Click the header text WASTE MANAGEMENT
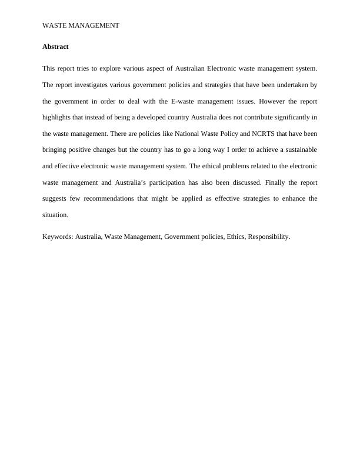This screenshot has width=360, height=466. (81, 25)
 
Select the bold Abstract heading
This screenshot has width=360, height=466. (55, 46)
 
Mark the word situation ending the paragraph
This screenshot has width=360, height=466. (55, 215)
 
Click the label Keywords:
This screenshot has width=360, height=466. (58, 237)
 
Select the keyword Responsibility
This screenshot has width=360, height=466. (268, 237)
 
